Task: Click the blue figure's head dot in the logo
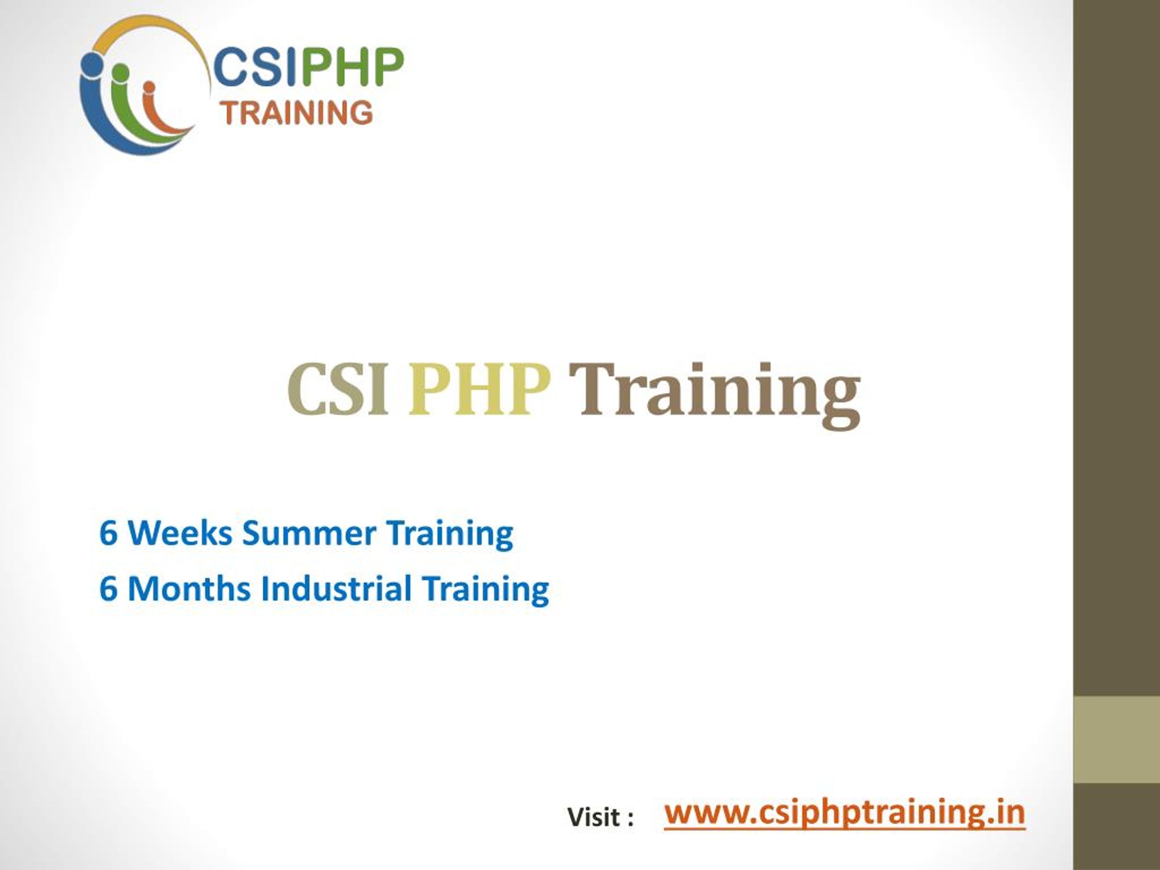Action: click(x=92, y=63)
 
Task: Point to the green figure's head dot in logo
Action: click(x=121, y=72)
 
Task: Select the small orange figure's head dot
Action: click(x=149, y=87)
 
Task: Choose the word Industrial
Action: click(x=336, y=589)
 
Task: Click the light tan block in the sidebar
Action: click(x=1116, y=740)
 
